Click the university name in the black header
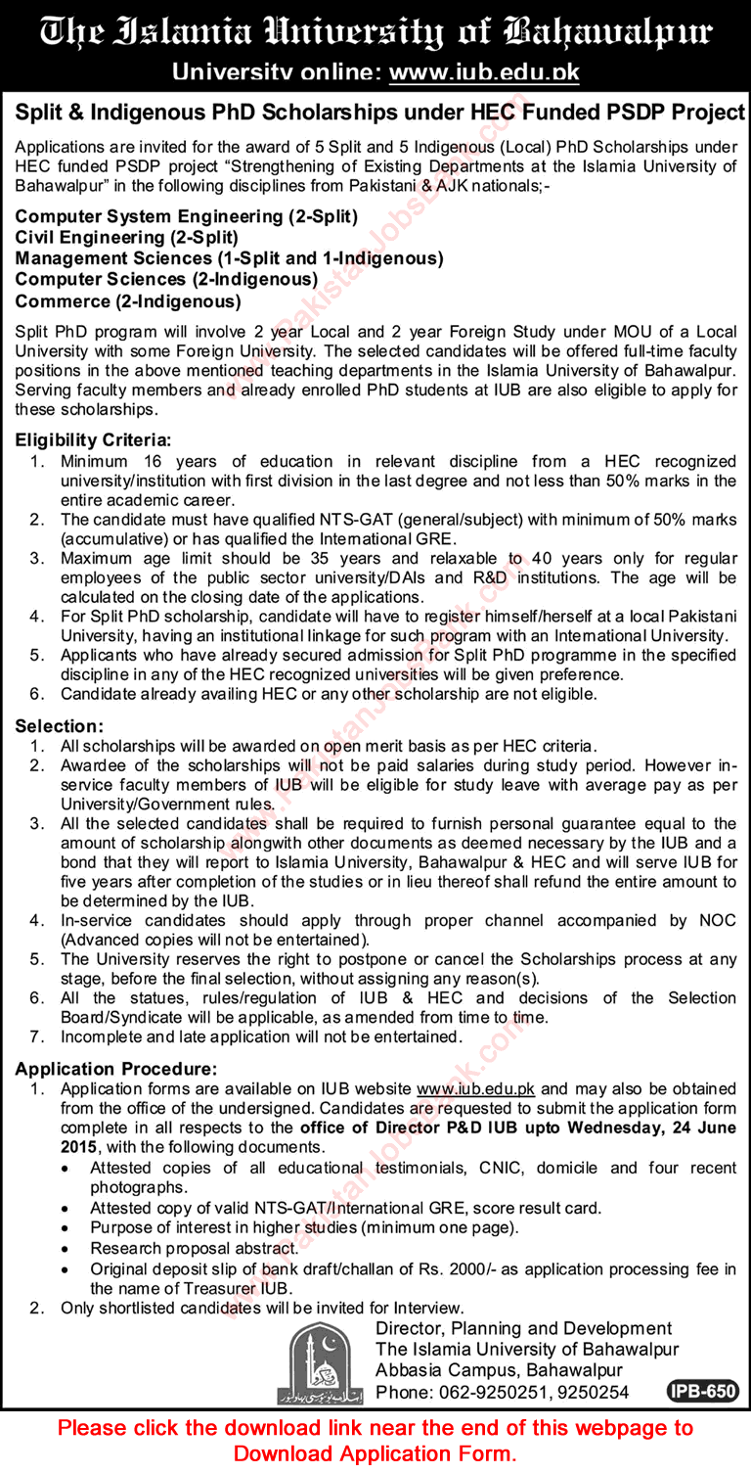375,31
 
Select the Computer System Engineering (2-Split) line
186,215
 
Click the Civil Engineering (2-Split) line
127,237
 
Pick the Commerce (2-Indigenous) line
128,301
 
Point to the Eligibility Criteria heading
94,440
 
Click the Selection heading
60,725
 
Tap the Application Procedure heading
116,1069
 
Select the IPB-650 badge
702,1392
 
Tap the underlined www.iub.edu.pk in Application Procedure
476,1088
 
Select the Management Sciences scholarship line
230,258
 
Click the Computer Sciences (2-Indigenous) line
166,280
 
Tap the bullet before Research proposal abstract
65,1249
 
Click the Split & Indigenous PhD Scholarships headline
380,113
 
